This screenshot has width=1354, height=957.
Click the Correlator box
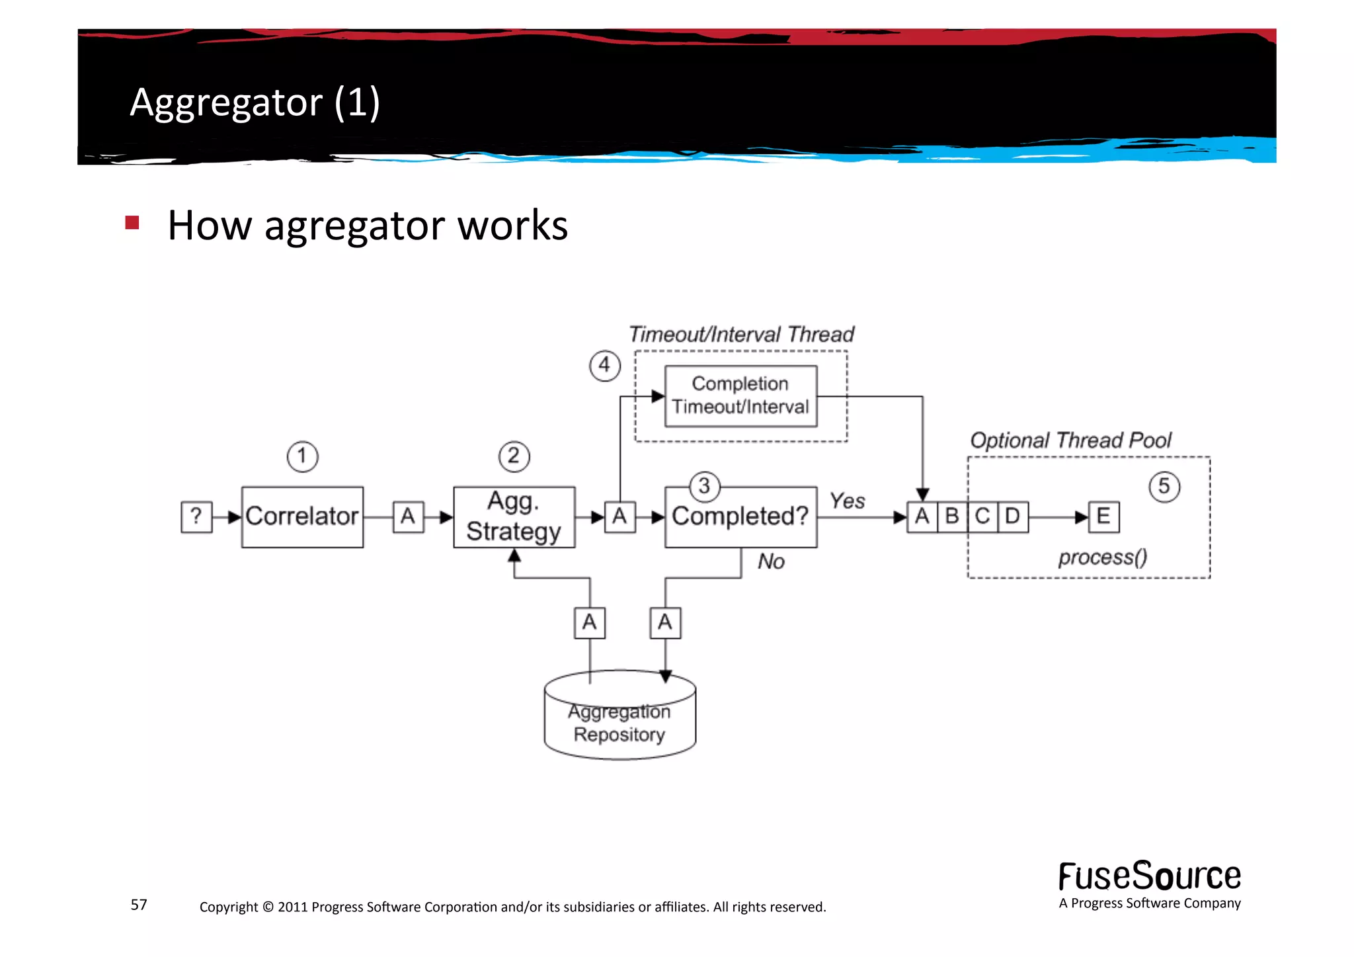tap(302, 517)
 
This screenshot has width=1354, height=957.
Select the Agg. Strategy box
tap(514, 517)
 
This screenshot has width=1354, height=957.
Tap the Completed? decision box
tap(740, 517)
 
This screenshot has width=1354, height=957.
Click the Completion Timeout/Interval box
tap(740, 395)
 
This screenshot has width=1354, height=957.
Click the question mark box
tap(196, 517)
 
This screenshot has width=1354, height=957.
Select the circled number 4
tap(604, 366)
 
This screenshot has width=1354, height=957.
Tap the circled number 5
tap(1164, 487)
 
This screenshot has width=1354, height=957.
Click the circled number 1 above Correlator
tap(302, 456)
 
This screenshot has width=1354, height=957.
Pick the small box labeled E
tap(1103, 517)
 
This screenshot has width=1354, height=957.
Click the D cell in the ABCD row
tap(1012, 517)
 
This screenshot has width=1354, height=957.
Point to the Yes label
tap(847, 501)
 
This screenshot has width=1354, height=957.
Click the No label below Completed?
tap(771, 562)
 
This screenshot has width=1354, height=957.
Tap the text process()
tap(1102, 558)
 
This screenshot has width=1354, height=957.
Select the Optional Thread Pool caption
tap(1070, 440)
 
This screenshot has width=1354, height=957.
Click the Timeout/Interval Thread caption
tap(740, 335)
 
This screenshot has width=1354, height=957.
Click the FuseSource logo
tap(1149, 878)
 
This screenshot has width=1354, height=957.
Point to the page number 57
tap(139, 905)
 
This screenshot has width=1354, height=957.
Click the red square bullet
tap(132, 223)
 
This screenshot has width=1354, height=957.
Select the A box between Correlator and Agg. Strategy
tap(408, 517)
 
